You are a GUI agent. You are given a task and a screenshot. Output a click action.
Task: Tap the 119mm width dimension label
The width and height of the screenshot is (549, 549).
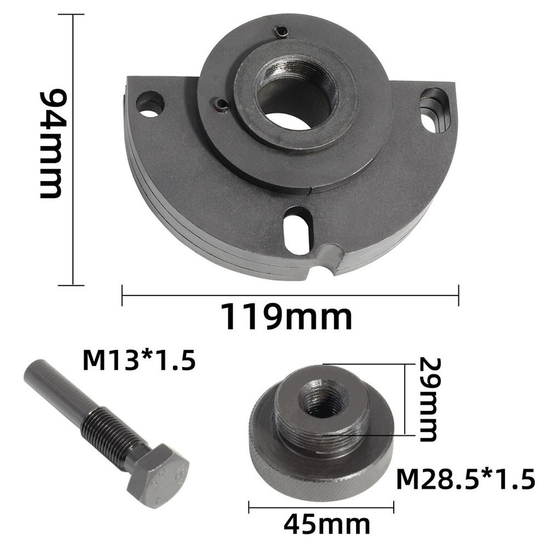(x=287, y=316)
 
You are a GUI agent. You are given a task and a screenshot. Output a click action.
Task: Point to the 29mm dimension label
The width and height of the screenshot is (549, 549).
(x=427, y=399)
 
